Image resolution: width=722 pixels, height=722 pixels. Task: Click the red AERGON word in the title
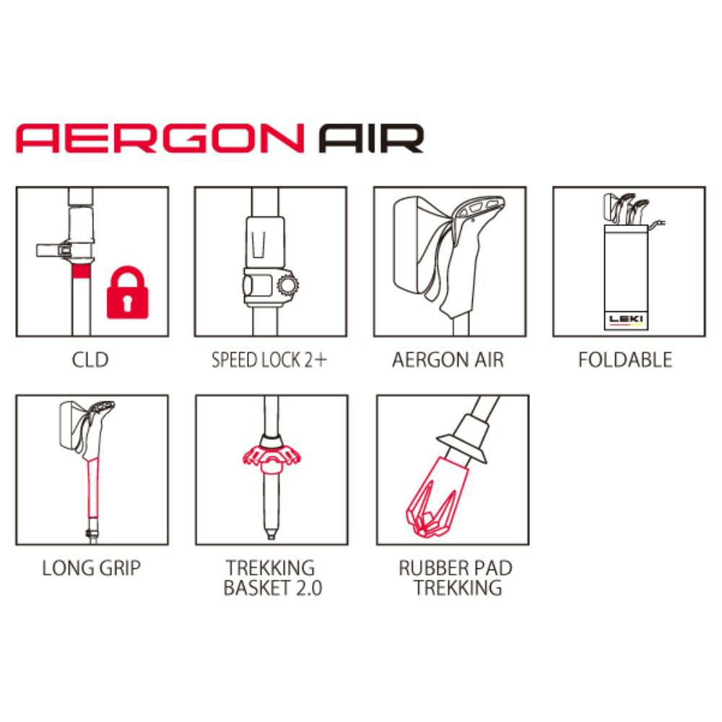(x=159, y=138)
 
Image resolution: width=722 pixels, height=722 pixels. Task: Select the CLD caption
(x=90, y=359)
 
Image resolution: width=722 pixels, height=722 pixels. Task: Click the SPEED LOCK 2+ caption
(x=269, y=360)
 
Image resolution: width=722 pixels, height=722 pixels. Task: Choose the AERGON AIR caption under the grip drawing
(x=448, y=360)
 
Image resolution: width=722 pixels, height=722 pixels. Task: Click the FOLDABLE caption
(x=625, y=360)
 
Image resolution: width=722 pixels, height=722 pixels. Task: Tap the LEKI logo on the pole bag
(x=626, y=318)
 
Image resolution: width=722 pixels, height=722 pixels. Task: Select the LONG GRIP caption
(x=91, y=567)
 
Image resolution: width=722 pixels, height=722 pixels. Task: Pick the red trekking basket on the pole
(x=270, y=455)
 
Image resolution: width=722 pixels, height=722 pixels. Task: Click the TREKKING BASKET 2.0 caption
(x=270, y=578)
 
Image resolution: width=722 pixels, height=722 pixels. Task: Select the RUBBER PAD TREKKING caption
(x=456, y=578)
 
